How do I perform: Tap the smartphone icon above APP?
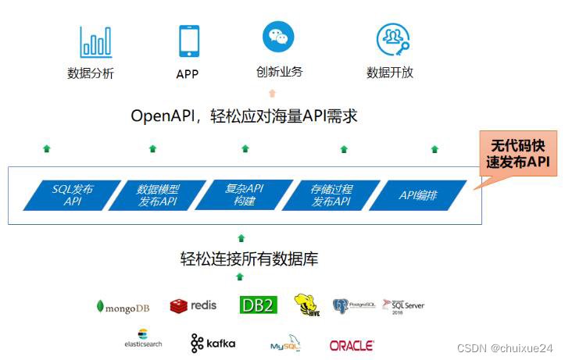click(188, 41)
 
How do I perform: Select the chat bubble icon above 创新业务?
click(279, 37)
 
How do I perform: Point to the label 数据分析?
click(91, 74)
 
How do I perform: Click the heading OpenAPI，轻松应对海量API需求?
click(244, 116)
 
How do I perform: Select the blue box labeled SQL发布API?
click(72, 195)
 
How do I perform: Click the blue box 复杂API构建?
click(244, 195)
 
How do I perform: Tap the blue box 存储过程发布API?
click(331, 195)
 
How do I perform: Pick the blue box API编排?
click(417, 195)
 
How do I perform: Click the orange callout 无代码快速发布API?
click(518, 154)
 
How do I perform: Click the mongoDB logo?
click(123, 307)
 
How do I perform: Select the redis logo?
click(193, 305)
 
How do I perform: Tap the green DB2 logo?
click(258, 305)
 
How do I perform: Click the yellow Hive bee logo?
click(306, 305)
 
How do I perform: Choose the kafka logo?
click(213, 343)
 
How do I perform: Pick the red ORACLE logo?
click(351, 344)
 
